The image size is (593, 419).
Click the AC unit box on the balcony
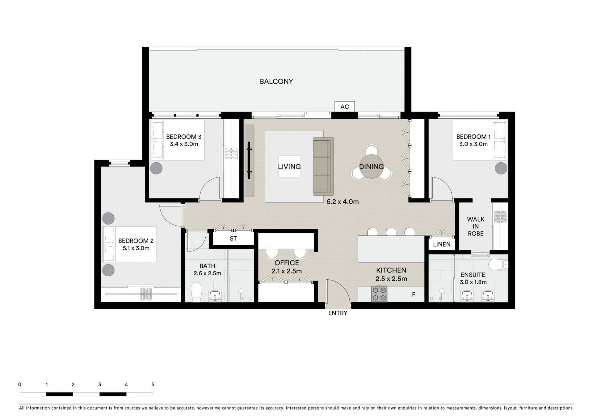345,107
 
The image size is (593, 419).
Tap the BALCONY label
276,82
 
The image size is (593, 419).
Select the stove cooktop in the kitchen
379,294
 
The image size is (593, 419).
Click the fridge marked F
414,294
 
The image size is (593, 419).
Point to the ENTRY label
338,313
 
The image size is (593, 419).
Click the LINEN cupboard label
442,244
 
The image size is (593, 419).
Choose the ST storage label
233,239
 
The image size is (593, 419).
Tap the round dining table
371,167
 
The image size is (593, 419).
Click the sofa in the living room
323,166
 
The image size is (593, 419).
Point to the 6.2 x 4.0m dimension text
343,202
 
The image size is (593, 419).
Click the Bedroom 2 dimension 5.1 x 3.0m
134,248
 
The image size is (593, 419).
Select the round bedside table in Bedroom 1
501,168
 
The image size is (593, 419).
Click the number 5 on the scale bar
153,385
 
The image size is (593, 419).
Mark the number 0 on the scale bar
20,385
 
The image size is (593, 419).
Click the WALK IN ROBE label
476,226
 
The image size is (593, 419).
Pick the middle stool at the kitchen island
391,232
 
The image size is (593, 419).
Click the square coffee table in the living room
289,166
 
